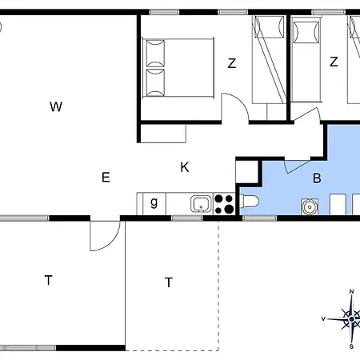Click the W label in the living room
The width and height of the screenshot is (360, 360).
coord(56,106)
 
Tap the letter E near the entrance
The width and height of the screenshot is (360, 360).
coord(106,177)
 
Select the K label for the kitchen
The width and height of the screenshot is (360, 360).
coord(185,167)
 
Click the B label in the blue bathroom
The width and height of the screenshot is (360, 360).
coord(317,178)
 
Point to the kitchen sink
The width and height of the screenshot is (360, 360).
coord(202,204)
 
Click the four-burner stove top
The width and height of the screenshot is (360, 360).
coord(224,204)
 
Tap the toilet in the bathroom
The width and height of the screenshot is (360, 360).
coord(249,202)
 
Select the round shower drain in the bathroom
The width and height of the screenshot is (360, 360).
coord(310,206)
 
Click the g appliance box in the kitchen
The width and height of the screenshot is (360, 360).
coord(154,204)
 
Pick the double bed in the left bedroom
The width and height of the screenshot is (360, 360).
coord(178,68)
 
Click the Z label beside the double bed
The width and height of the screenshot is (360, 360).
coord(232,63)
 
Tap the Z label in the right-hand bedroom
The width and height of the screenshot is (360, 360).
coord(334,62)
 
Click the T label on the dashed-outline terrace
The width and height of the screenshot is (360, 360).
coord(169,282)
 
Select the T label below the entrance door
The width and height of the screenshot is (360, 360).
coord(48,280)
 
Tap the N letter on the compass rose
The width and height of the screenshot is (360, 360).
coord(351,292)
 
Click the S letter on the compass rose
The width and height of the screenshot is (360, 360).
coord(351,346)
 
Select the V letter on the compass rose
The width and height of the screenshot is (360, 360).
coord(323,318)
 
